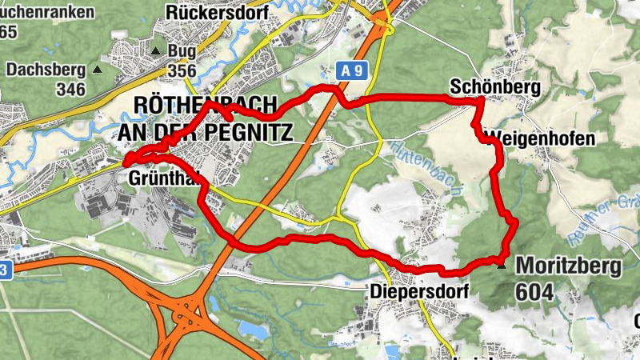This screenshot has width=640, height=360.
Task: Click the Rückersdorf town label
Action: [209, 12]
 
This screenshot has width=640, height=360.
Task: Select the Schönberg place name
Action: [484, 86]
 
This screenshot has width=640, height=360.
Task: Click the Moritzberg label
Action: [569, 266]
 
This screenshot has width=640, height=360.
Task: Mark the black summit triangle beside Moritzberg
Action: [502, 265]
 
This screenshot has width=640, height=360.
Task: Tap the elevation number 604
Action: [534, 292]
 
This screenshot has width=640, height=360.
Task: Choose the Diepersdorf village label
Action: [419, 292]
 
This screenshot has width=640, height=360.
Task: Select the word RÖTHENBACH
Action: [205, 106]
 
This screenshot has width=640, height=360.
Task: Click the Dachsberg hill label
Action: [46, 70]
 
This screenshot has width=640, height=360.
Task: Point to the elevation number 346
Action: [71, 89]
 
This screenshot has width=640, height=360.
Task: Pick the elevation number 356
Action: [182, 72]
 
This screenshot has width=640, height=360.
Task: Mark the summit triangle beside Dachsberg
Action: [98, 70]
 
